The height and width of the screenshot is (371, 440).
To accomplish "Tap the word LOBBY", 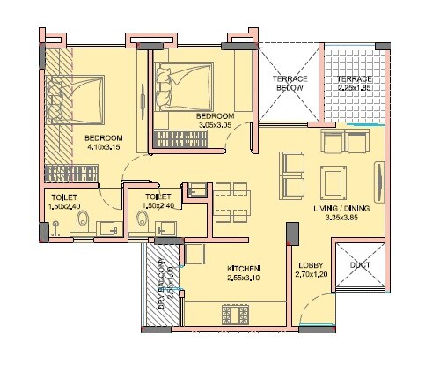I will (x=310, y=264).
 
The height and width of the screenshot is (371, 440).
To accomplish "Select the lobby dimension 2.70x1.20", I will (x=310, y=275).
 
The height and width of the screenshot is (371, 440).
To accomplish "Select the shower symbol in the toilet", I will (x=55, y=226).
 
